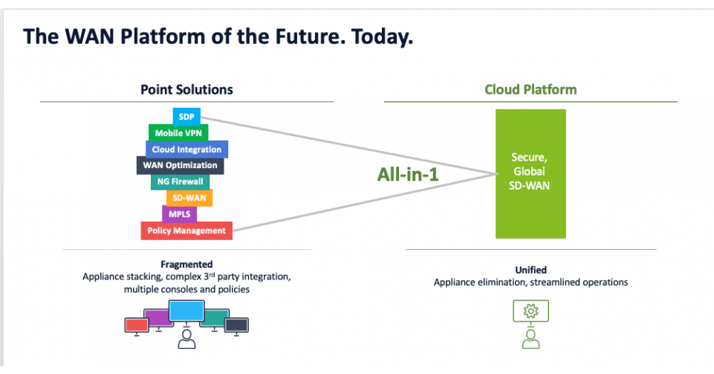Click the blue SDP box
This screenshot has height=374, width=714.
186,117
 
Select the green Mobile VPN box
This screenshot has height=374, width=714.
178,133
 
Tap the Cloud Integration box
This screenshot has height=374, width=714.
186,149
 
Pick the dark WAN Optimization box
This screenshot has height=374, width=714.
181,165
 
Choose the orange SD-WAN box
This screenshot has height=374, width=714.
189,198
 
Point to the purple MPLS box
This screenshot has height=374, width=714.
179,214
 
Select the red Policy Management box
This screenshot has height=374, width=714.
186,230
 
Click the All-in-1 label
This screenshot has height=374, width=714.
409,176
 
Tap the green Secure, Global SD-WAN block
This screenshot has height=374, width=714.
530,173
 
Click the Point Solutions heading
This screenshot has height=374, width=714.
186,90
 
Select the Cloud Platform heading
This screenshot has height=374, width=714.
530,90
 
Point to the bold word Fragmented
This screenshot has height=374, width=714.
186,264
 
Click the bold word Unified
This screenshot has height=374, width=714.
530,270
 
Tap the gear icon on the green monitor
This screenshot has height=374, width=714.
530,311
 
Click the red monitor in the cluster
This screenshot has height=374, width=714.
136,324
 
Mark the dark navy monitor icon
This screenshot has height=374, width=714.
236,324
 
